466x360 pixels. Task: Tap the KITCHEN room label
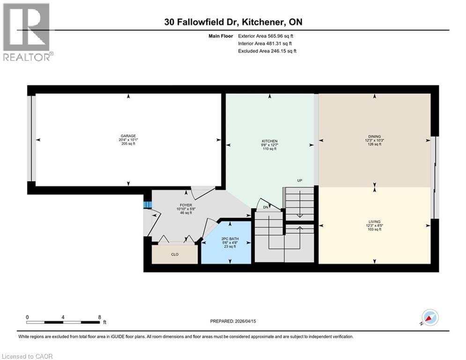(x=269, y=141)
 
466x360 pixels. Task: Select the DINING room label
(x=374, y=136)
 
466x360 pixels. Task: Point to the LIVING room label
(x=374, y=222)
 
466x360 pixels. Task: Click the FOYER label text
(x=186, y=205)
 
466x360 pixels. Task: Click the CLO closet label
(x=174, y=255)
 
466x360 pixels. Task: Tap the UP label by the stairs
(x=299, y=180)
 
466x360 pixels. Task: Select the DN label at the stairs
(x=265, y=207)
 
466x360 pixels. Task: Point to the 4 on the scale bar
(x=63, y=317)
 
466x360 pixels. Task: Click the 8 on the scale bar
(x=99, y=317)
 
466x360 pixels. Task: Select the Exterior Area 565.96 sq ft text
(x=266, y=36)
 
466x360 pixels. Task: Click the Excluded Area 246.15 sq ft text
(x=267, y=51)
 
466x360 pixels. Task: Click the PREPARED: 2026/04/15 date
(x=237, y=321)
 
